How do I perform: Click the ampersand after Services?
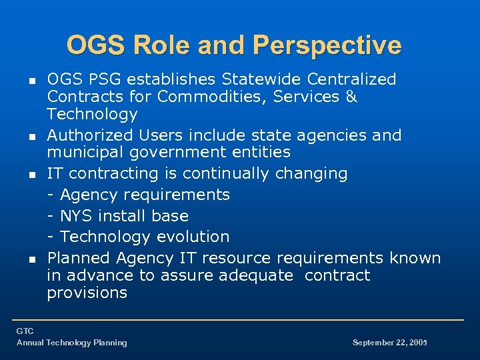pyautogui.click(x=351, y=97)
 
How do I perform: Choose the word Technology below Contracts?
pyautogui.click(x=92, y=114)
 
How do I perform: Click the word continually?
pyautogui.click(x=225, y=174)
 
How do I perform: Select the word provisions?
pyautogui.click(x=87, y=293)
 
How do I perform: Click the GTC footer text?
pyautogui.click(x=25, y=331)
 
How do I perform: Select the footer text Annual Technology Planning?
pyautogui.click(x=71, y=343)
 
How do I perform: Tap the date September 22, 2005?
pyautogui.click(x=389, y=343)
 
